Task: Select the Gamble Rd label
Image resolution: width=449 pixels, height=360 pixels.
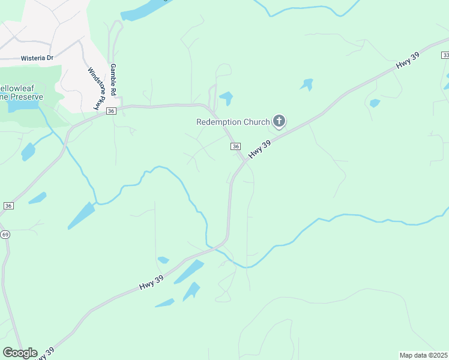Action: click(x=112, y=79)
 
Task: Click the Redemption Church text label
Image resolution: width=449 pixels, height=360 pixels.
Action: click(x=233, y=122)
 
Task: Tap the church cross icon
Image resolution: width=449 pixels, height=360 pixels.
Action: click(x=279, y=122)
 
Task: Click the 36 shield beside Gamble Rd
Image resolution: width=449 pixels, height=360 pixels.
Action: click(x=110, y=111)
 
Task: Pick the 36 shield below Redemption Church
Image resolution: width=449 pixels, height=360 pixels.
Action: click(x=235, y=146)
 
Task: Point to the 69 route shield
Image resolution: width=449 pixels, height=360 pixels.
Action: click(x=5, y=233)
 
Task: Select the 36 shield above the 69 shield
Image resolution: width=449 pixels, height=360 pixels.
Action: click(x=8, y=205)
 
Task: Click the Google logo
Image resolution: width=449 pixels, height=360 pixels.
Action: click(x=20, y=353)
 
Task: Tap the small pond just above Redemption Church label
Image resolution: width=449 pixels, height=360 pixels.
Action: click(x=226, y=97)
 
